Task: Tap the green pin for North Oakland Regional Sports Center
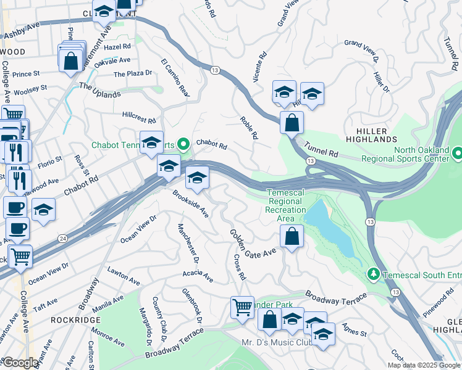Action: coord(457,152)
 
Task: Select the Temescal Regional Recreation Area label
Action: coord(285,205)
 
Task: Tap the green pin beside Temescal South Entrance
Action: coord(373,273)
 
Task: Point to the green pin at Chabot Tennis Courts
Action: coord(183,145)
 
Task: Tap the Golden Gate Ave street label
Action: coord(253,244)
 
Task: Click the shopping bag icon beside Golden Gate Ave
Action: coord(291,236)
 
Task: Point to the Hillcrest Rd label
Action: coord(139,118)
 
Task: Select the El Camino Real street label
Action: coord(175,78)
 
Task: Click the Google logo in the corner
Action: coord(20,363)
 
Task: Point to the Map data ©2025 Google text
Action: coord(424,365)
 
